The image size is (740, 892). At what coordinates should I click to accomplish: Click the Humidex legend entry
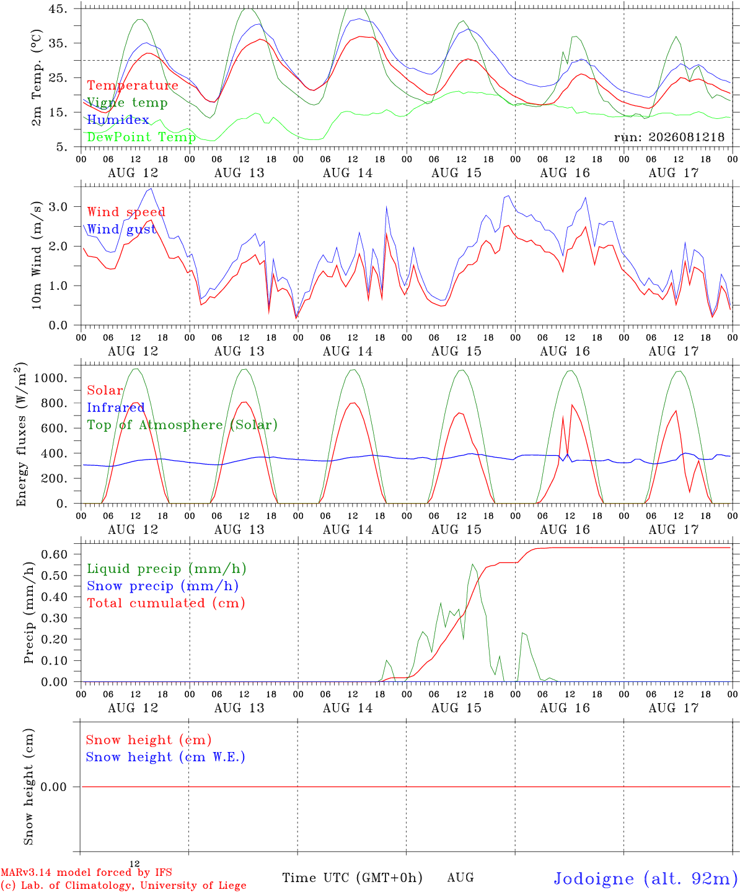118,120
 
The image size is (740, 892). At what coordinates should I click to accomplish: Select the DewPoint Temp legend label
141,137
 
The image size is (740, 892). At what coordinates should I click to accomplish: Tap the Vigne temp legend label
128,103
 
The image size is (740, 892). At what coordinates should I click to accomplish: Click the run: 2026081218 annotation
669,137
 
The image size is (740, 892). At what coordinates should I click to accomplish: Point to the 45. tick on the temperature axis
57,9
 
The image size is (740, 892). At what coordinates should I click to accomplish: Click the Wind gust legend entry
122,229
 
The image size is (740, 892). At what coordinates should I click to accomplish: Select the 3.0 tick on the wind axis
58,207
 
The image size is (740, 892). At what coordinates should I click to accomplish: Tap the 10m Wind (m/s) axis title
37,255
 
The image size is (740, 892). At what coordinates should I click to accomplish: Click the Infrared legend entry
116,408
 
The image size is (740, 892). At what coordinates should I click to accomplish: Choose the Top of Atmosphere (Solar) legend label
183,425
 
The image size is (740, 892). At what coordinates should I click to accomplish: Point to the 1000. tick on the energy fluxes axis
51,378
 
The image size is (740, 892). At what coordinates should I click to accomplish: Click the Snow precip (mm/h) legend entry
162,586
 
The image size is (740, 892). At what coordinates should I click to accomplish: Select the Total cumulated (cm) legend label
166,603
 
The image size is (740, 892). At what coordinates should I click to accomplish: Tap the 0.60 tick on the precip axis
55,554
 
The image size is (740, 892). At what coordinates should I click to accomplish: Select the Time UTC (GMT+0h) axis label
352,878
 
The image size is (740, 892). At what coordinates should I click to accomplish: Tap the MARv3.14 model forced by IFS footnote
86,872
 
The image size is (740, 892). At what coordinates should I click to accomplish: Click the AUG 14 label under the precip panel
348,708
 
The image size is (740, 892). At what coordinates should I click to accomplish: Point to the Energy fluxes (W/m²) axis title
21,434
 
